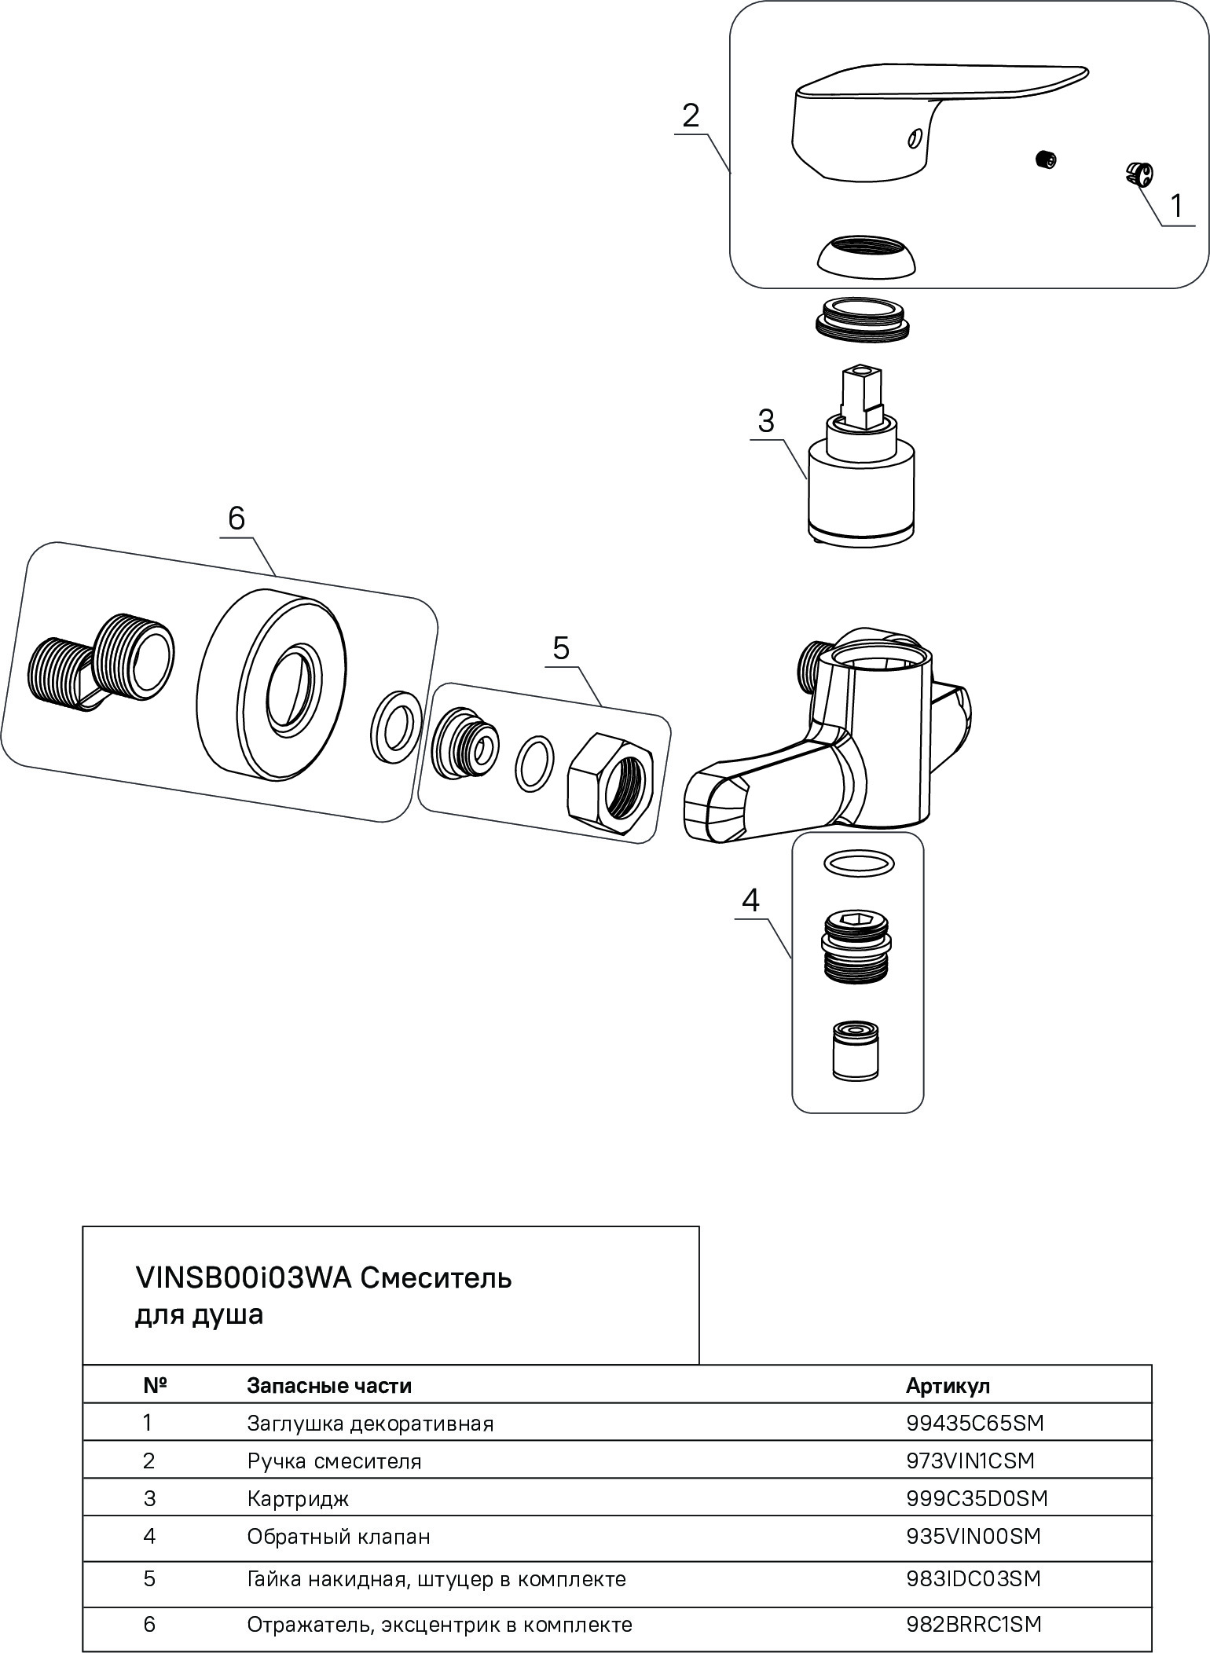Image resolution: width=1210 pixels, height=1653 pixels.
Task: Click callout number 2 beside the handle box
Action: [690, 116]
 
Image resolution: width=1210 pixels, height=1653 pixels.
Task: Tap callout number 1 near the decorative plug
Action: [1176, 207]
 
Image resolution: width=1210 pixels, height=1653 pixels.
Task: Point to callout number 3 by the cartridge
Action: [765, 422]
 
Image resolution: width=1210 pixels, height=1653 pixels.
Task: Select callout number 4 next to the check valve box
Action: [750, 900]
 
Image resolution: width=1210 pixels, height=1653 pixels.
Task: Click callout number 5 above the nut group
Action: [561, 648]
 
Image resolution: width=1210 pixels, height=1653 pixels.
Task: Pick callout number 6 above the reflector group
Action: [236, 519]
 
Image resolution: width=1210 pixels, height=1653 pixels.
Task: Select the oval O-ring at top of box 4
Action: [858, 863]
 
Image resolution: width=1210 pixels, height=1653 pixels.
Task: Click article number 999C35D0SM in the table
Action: [977, 1498]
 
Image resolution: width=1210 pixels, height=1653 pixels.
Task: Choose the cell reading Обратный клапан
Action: [339, 1536]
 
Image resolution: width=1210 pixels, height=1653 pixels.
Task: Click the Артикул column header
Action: [948, 1385]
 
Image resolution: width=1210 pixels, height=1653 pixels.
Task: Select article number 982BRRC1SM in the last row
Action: [973, 1624]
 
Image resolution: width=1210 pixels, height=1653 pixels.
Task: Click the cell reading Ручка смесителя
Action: [334, 1461]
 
